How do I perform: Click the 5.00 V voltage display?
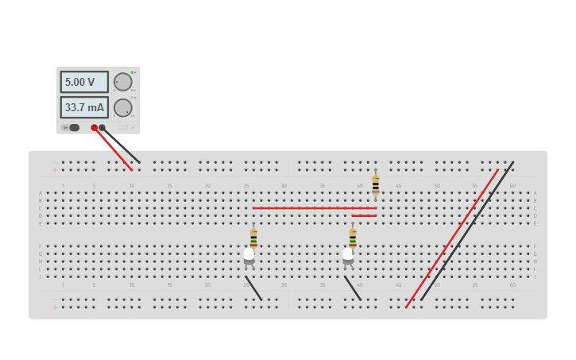[x=83, y=82]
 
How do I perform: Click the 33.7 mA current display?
[x=83, y=107]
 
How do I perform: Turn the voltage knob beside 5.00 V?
[x=122, y=82]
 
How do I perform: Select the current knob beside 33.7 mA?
[x=122, y=107]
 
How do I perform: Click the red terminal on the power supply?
[x=94, y=127]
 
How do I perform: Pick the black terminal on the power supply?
[x=102, y=127]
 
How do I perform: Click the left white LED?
[x=249, y=254]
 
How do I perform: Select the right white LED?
[x=348, y=254]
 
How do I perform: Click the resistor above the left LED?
[x=253, y=238]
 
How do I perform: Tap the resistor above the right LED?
[x=353, y=238]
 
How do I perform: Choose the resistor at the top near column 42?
[x=375, y=184]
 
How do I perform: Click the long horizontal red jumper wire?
[x=314, y=208]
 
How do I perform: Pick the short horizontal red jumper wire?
[x=364, y=215]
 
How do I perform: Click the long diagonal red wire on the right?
[x=451, y=238]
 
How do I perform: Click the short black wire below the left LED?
[x=254, y=288]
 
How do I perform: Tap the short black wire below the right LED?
[x=354, y=288]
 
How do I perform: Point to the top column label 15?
[x=169, y=186]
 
